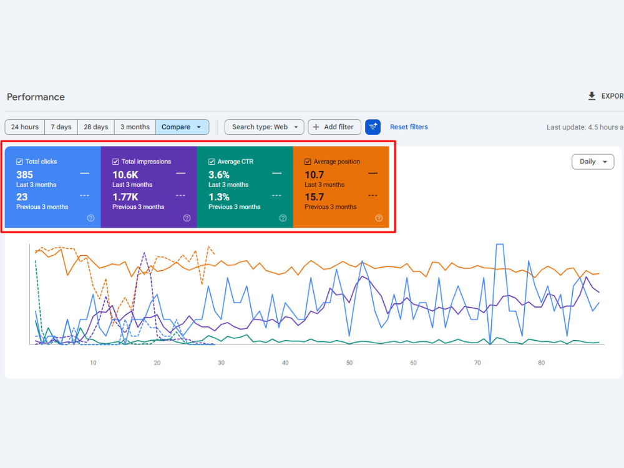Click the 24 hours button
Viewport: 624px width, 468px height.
pos(25,127)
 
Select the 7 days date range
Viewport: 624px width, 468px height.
pos(61,127)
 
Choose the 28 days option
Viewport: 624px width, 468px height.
pos(96,127)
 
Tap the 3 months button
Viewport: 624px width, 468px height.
pos(135,127)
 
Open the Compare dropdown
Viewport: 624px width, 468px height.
pos(182,127)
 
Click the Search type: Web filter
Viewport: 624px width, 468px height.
pos(264,127)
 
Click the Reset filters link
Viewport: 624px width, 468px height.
pos(409,127)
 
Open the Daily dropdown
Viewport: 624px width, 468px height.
pos(593,162)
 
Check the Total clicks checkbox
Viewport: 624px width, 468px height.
pos(19,162)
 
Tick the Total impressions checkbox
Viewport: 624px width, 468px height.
pos(115,162)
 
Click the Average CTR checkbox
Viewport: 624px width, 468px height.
pos(212,162)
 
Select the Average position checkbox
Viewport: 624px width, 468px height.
pos(308,162)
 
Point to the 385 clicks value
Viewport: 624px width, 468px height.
pos(25,175)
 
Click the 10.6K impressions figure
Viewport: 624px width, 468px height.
pos(125,175)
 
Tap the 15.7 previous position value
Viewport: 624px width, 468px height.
pos(314,197)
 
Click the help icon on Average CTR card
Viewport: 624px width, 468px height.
pos(283,218)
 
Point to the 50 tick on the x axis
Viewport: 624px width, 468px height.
pos(349,363)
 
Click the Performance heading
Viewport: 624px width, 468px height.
pos(36,97)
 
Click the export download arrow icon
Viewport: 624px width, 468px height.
pos(592,96)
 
